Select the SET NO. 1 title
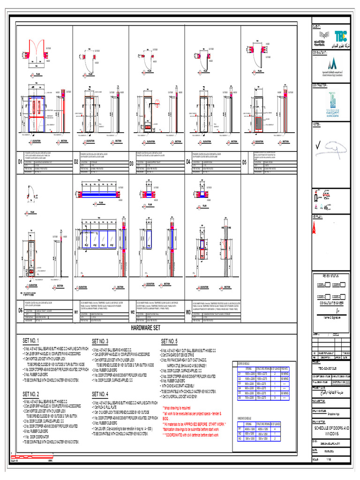coord(32,341)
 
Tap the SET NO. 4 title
coord(100,394)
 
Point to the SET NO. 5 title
coord(169,341)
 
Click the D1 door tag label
coord(21,162)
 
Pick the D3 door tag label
coord(132,163)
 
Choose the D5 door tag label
coord(244,162)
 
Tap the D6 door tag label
coord(21,310)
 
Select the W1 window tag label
coord(76,312)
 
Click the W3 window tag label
coord(188,312)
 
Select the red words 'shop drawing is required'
coord(177,408)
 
